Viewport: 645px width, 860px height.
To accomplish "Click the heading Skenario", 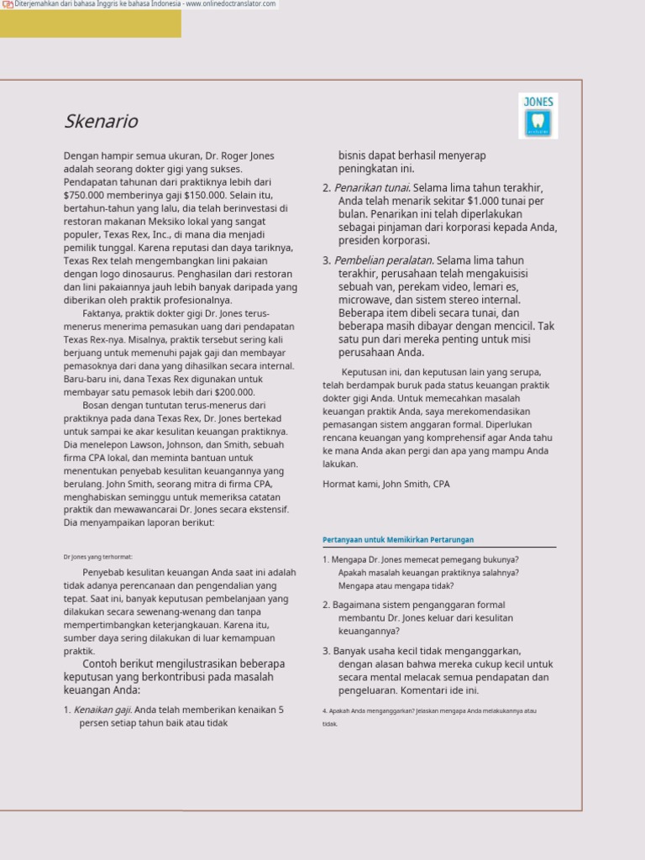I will [101, 122].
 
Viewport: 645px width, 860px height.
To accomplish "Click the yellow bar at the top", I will [90, 24].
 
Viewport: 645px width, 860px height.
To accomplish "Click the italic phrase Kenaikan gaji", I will [102, 710].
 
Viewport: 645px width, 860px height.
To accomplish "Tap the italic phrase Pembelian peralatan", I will [383, 260].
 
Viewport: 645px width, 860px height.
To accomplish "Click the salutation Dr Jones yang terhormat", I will [97, 557].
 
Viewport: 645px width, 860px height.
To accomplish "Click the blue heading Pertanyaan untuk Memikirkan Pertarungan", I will [398, 540].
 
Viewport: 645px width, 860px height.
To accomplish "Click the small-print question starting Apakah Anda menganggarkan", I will [428, 711].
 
